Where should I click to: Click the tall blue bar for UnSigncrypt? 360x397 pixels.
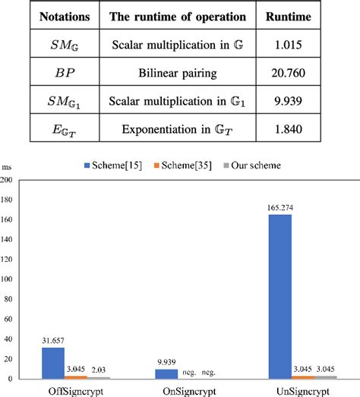point(279,296)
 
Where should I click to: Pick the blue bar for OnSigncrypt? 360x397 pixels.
point(166,373)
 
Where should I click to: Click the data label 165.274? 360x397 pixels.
point(279,207)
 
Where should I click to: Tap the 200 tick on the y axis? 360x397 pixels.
point(8,180)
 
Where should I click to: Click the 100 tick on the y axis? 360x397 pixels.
point(8,279)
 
